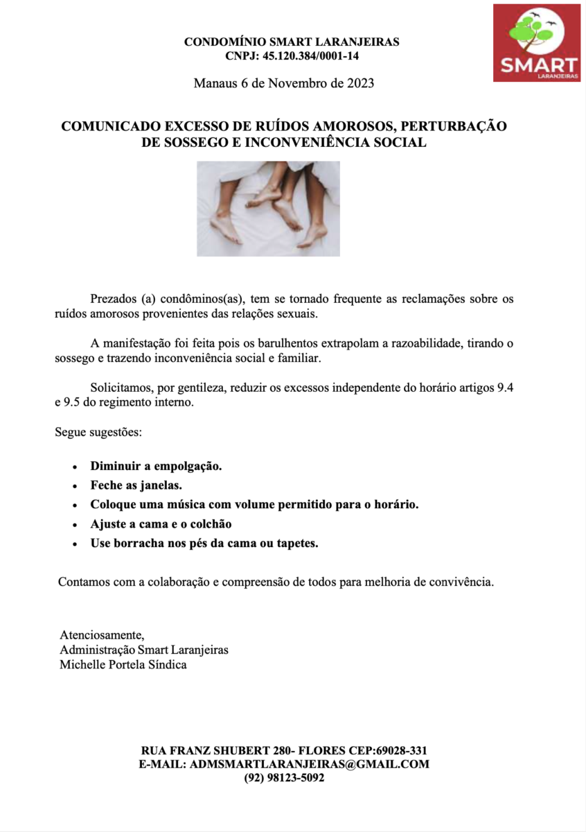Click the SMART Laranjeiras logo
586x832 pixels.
(x=536, y=42)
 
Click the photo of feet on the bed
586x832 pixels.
(x=268, y=208)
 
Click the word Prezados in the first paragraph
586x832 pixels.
(x=113, y=300)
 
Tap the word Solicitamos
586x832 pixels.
(x=120, y=388)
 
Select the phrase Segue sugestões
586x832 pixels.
(x=98, y=433)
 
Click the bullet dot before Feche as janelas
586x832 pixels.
(x=75, y=487)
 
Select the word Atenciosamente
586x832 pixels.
(x=102, y=635)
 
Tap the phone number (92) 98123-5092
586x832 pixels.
(x=284, y=778)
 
